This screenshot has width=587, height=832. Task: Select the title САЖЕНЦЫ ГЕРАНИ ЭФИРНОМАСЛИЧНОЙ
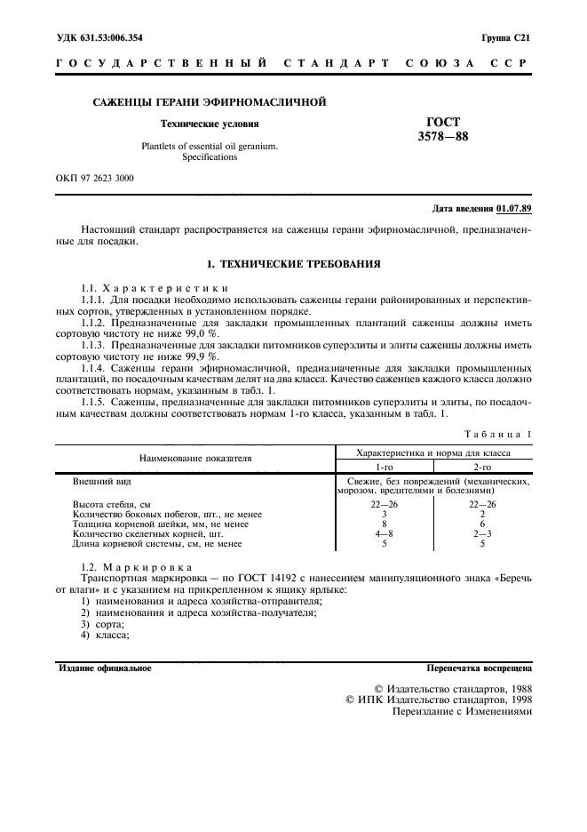(x=210, y=102)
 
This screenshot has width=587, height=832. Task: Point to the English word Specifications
(x=210, y=156)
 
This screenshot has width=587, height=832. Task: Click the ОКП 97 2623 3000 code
(x=95, y=179)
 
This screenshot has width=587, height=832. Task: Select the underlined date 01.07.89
(x=514, y=209)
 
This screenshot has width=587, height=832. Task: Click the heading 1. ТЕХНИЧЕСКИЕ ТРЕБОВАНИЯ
(x=293, y=264)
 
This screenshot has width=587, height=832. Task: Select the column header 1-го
(x=384, y=466)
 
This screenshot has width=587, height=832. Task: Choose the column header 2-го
(x=483, y=466)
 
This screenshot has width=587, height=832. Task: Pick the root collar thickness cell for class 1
(x=384, y=524)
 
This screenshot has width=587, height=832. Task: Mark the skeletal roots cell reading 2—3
(x=483, y=533)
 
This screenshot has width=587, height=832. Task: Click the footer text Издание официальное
(x=105, y=667)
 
